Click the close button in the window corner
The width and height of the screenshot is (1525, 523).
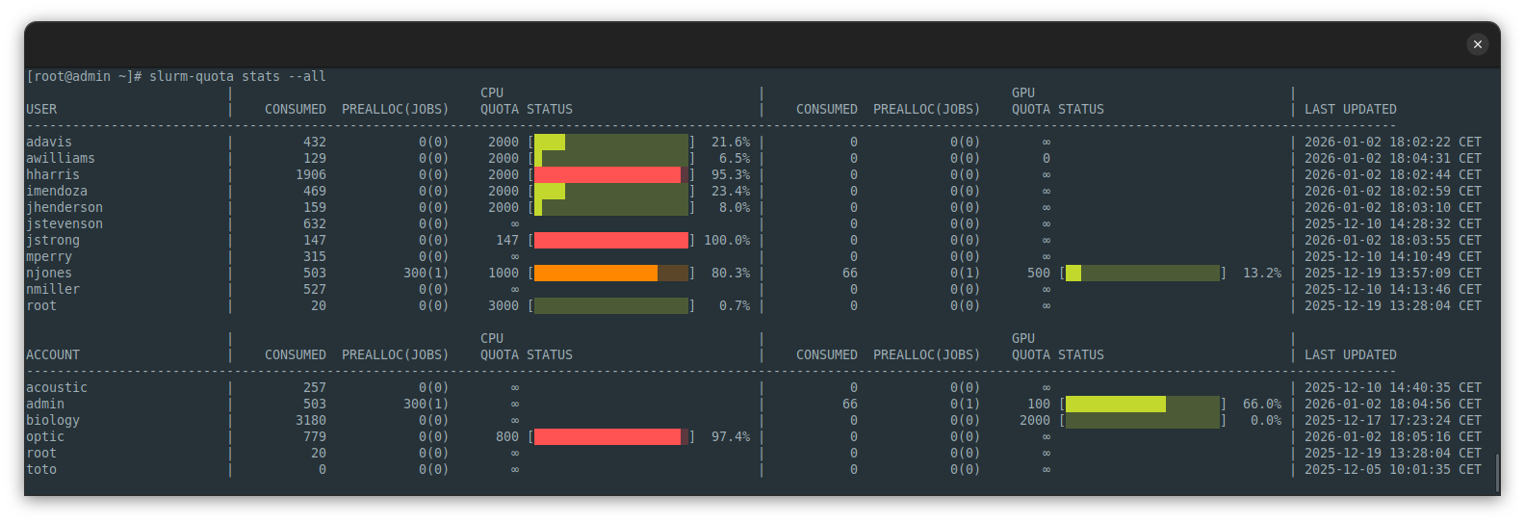pyautogui.click(x=1477, y=44)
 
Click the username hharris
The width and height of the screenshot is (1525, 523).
pyautogui.click(x=53, y=174)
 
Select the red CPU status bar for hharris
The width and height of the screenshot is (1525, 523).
pyautogui.click(x=607, y=174)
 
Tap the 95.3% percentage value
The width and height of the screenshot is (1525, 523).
pyautogui.click(x=731, y=174)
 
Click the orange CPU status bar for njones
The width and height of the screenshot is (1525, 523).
pyautogui.click(x=596, y=273)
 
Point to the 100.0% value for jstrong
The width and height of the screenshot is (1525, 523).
pyautogui.click(x=727, y=240)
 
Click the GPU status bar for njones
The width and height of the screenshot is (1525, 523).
pyautogui.click(x=1142, y=273)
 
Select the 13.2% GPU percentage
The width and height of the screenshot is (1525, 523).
pyautogui.click(x=1261, y=273)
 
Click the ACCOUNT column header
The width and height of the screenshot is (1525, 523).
pyautogui.click(x=53, y=354)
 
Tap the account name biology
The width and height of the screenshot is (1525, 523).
pyautogui.click(x=53, y=420)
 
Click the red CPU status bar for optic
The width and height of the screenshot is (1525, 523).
pyautogui.click(x=607, y=436)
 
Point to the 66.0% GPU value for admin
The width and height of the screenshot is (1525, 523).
pyautogui.click(x=1261, y=404)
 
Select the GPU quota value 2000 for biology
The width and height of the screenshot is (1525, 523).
pyautogui.click(x=1035, y=420)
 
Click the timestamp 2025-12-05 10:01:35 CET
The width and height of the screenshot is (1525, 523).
pyautogui.click(x=1392, y=469)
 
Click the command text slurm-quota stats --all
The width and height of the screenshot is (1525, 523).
pyautogui.click(x=237, y=76)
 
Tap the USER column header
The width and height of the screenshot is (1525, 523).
pyautogui.click(x=41, y=109)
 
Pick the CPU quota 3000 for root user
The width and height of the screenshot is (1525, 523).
pyautogui.click(x=503, y=305)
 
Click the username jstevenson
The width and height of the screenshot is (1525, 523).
pyautogui.click(x=65, y=223)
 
